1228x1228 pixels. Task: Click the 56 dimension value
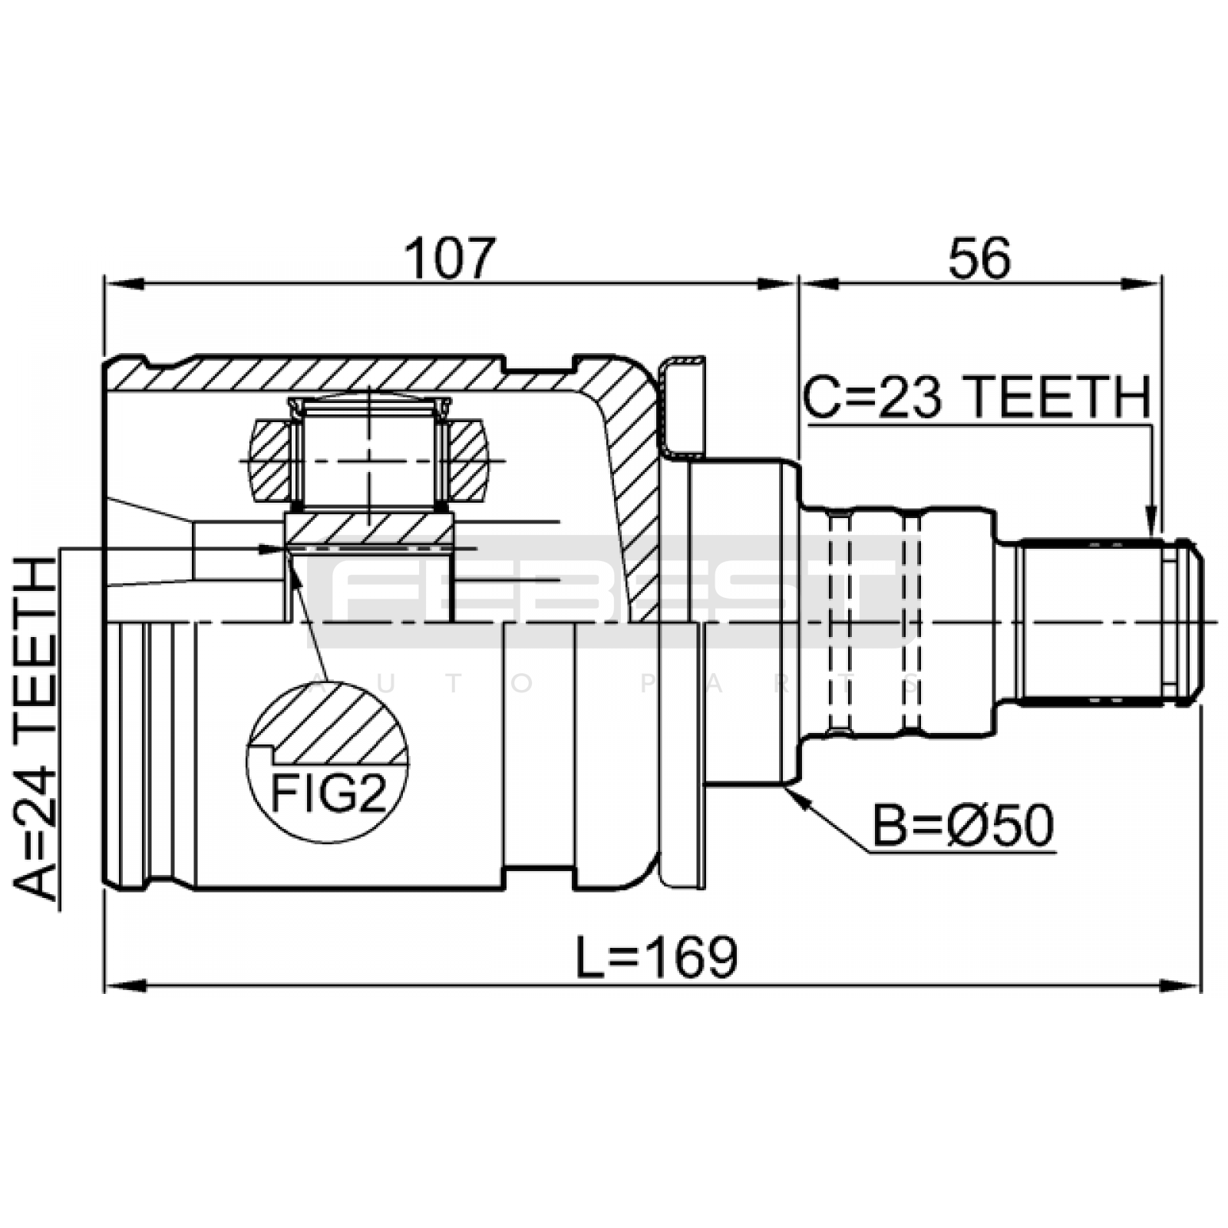tap(979, 259)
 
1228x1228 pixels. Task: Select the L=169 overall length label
tap(657, 958)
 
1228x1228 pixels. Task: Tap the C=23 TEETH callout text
tap(977, 398)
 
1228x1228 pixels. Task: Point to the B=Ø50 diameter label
tap(963, 827)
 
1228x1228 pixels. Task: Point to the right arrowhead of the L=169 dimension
tap(1182, 985)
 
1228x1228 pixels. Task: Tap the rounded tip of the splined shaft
tap(1193, 621)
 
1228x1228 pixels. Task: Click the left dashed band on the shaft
tap(840, 622)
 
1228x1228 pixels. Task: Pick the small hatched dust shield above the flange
tap(682, 407)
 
